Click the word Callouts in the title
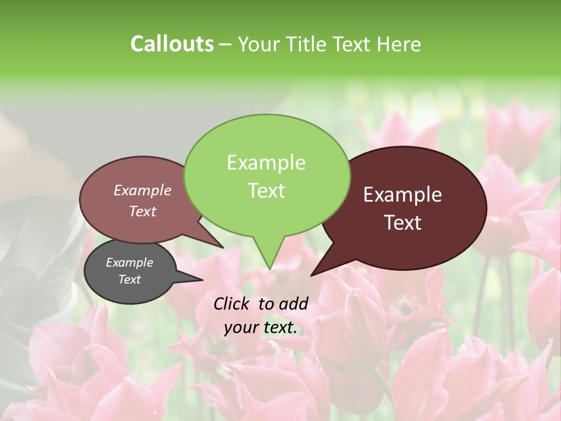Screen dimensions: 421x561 click(172, 44)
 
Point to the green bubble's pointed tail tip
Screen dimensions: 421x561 click(269, 270)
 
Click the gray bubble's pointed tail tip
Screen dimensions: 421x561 click(203, 280)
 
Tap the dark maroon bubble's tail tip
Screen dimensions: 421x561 click(311, 275)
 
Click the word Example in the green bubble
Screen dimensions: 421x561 click(266, 163)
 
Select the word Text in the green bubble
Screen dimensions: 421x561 click(266, 191)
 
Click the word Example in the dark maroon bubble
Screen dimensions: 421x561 click(403, 195)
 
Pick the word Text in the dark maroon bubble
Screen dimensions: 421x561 click(403, 223)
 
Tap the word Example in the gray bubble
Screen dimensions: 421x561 click(129, 263)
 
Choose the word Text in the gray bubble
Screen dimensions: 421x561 click(129, 279)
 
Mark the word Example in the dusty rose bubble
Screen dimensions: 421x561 click(142, 191)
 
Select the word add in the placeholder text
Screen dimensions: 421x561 click(293, 303)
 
